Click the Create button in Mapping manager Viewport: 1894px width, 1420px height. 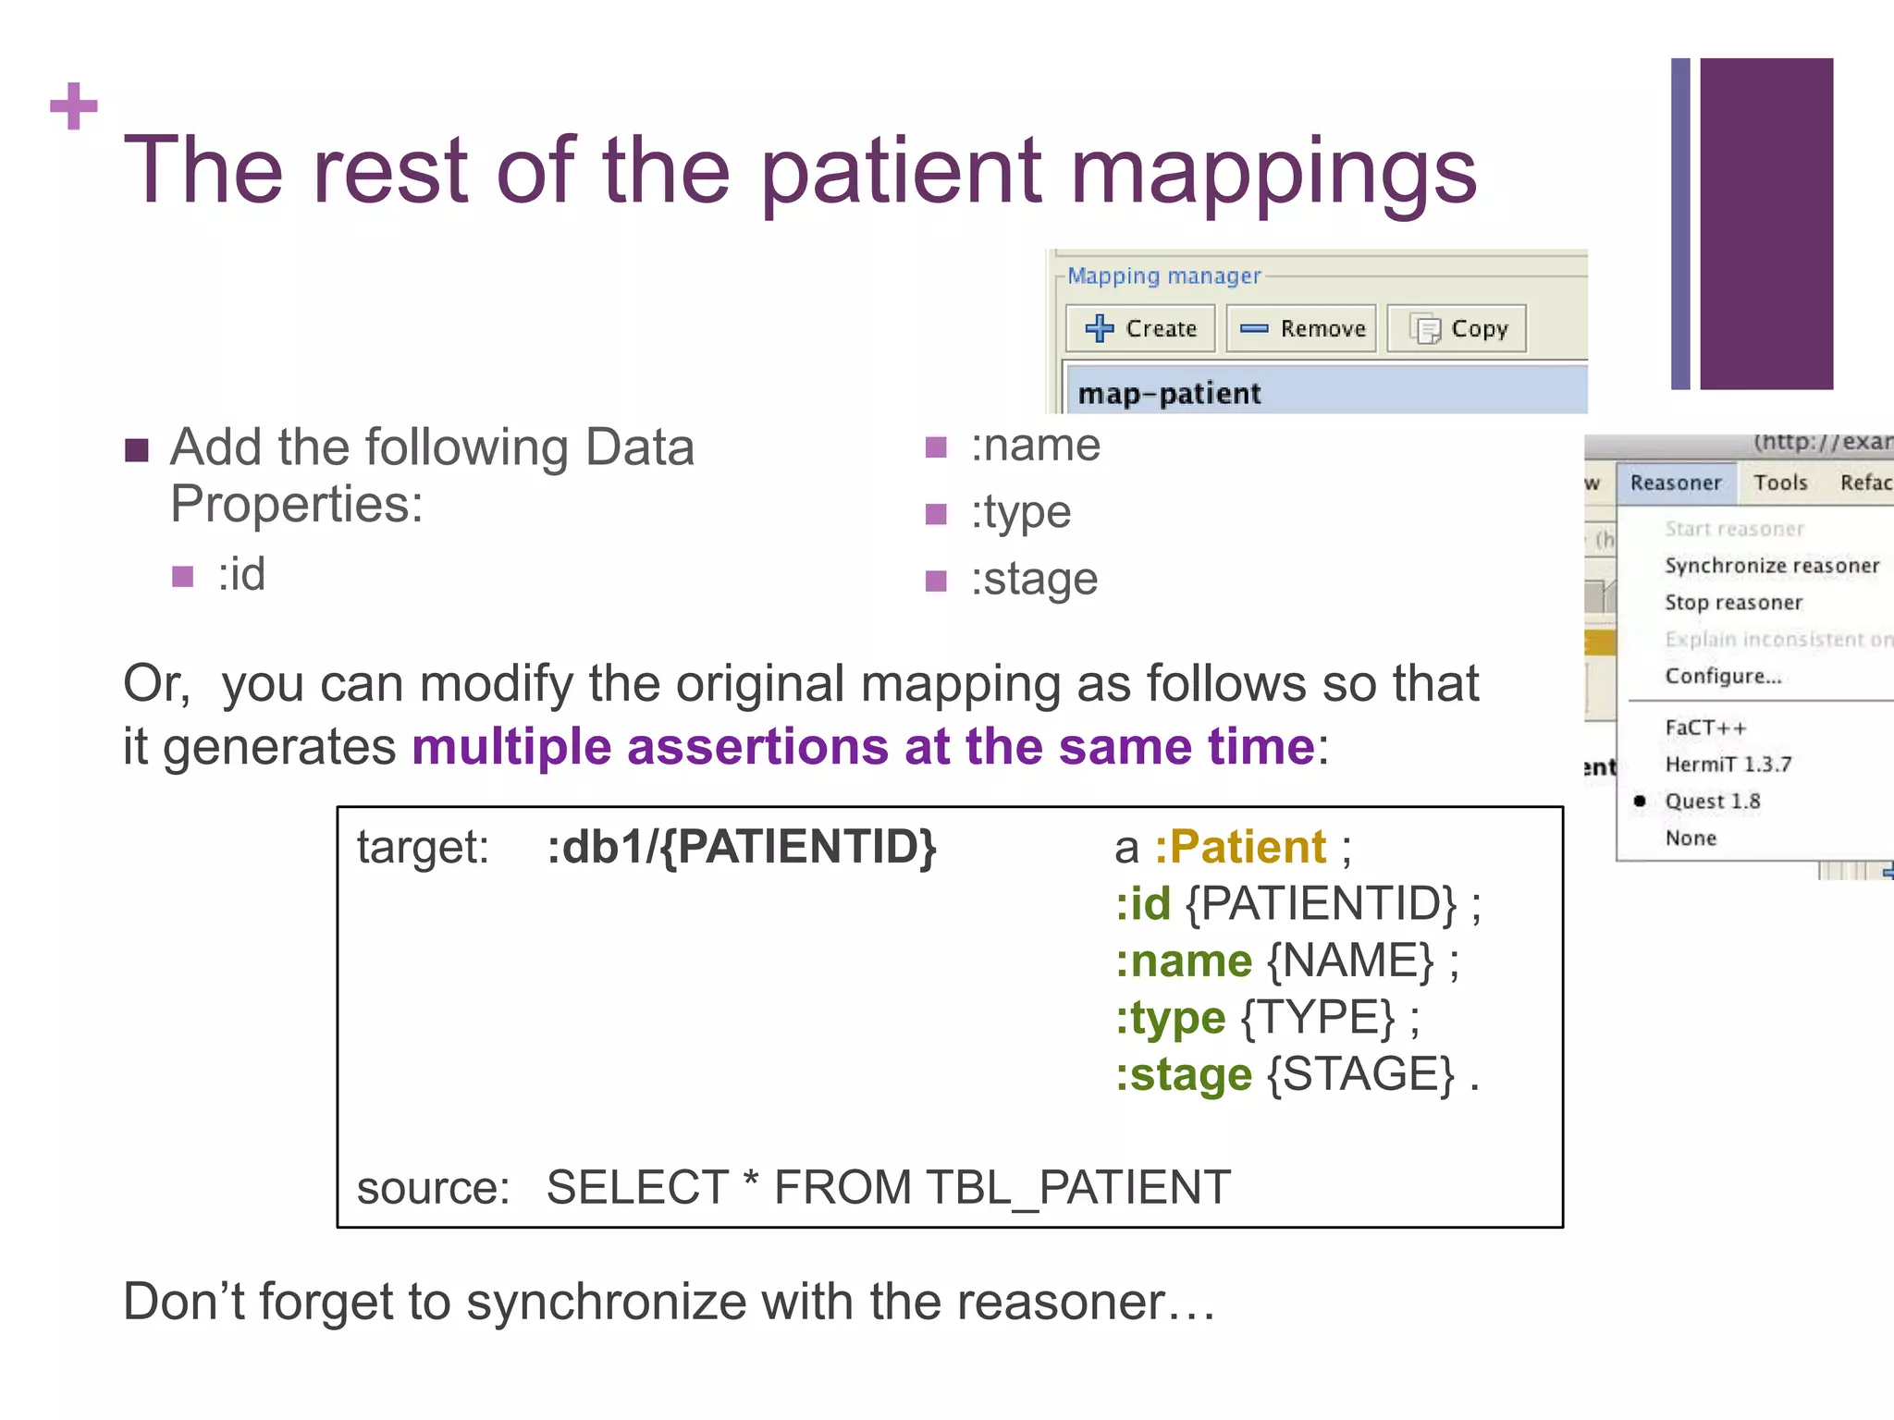click(x=1140, y=328)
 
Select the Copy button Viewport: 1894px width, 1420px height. click(x=1457, y=328)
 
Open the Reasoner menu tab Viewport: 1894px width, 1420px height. click(x=1676, y=483)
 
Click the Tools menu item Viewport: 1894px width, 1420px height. click(x=1780, y=483)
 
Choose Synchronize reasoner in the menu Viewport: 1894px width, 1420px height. click(x=1771, y=566)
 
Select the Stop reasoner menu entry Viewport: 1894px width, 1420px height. click(x=1734, y=603)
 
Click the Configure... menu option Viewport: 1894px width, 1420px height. click(x=1723, y=677)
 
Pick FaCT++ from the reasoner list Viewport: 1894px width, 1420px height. click(x=1705, y=728)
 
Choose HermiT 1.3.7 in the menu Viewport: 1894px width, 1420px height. click(x=1728, y=765)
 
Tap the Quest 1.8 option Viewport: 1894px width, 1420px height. click(x=1712, y=802)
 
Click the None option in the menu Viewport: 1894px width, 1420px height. click(x=1691, y=839)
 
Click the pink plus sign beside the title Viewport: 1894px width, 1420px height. click(x=74, y=106)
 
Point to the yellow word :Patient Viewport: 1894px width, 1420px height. click(x=1239, y=847)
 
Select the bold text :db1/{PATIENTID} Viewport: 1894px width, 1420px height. click(x=742, y=847)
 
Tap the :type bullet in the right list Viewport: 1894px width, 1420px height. click(x=1020, y=512)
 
